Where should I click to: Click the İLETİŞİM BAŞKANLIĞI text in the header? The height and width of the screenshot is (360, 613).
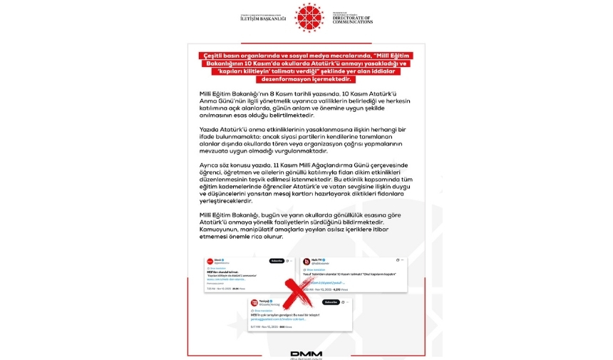click(262, 19)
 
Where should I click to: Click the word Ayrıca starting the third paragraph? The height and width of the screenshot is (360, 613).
click(208, 165)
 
